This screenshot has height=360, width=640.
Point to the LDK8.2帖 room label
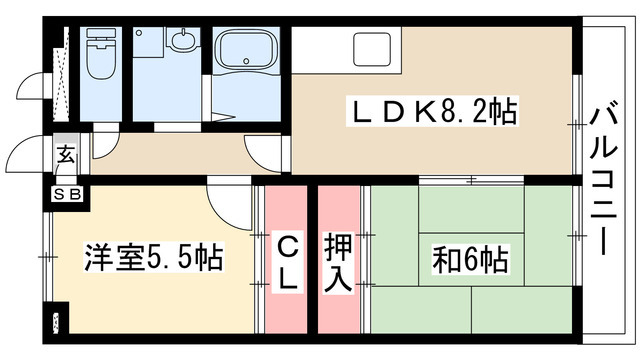[x=431, y=111]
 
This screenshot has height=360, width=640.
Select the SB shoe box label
[x=66, y=194]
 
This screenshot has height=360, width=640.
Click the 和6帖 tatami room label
[x=469, y=259]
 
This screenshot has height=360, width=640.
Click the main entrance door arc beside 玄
[x=27, y=155]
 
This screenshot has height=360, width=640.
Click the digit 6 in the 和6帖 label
[x=469, y=260]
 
